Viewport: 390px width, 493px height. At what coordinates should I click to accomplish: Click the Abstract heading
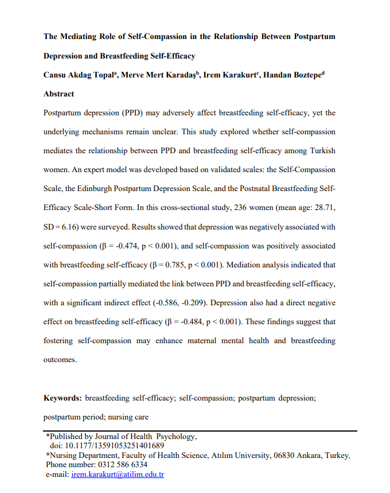pyautogui.click(x=58, y=94)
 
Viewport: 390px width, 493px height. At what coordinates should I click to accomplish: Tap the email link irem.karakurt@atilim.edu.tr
pyautogui.click(x=118, y=475)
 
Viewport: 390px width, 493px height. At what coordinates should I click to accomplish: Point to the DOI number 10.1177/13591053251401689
pyautogui.click(x=112, y=445)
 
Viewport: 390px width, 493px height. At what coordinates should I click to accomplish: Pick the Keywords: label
pyautogui.click(x=63, y=397)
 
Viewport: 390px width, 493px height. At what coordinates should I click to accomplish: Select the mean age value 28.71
pyautogui.click(x=322, y=208)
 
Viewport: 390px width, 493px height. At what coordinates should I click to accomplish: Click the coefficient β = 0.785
pyautogui.click(x=168, y=265)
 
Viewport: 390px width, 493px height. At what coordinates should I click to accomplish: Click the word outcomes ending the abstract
pyautogui.click(x=59, y=359)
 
